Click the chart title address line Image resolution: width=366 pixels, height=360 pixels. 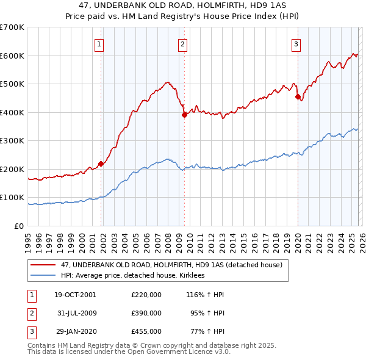pos(183,5)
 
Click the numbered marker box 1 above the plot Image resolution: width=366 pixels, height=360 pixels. pos(99,43)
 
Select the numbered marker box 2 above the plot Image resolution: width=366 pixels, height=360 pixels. pos(182,43)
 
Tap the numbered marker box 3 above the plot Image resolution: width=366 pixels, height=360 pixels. pos(296,43)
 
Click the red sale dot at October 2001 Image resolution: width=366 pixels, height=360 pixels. pos(101,164)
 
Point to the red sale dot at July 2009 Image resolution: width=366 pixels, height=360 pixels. pos(184,114)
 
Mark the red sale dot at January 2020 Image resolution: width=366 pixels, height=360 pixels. pos(298,96)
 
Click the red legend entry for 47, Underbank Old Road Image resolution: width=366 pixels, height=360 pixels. pos(171,265)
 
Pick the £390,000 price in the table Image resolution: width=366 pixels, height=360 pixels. pos(146,314)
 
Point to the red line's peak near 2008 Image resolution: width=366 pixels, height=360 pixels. pos(167,82)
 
